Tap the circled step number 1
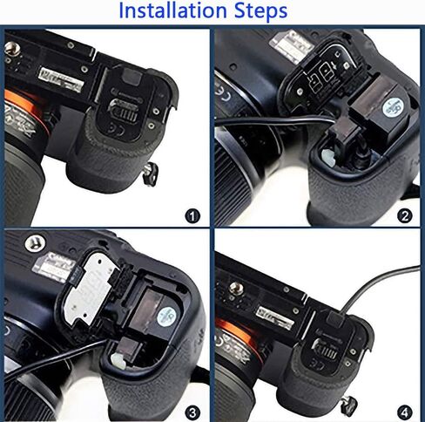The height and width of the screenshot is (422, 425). [x=192, y=214]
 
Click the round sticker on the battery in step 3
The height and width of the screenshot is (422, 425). [x=169, y=314]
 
